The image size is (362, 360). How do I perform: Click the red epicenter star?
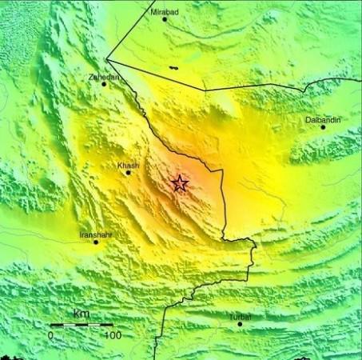[180, 184]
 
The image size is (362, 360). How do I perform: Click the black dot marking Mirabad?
[165, 19]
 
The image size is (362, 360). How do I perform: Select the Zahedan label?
[105, 77]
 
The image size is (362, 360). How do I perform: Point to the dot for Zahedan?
[104, 84]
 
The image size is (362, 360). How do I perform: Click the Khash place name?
[128, 166]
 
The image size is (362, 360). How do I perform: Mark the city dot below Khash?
[128, 173]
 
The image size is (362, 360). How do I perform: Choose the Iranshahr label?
[96, 234]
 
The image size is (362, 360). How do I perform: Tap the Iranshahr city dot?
[96, 242]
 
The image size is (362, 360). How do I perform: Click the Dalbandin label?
[323, 120]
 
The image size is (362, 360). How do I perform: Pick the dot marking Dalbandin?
[324, 127]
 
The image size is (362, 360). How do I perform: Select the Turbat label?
[240, 317]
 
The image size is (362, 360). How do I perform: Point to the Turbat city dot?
[240, 324]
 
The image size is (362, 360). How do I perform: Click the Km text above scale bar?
[81, 313]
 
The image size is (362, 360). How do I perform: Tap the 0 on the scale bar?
[50, 335]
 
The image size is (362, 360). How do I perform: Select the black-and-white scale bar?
[81, 325]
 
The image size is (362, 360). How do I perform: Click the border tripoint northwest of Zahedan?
[107, 59]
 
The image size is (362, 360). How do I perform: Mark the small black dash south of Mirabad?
[173, 70]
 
